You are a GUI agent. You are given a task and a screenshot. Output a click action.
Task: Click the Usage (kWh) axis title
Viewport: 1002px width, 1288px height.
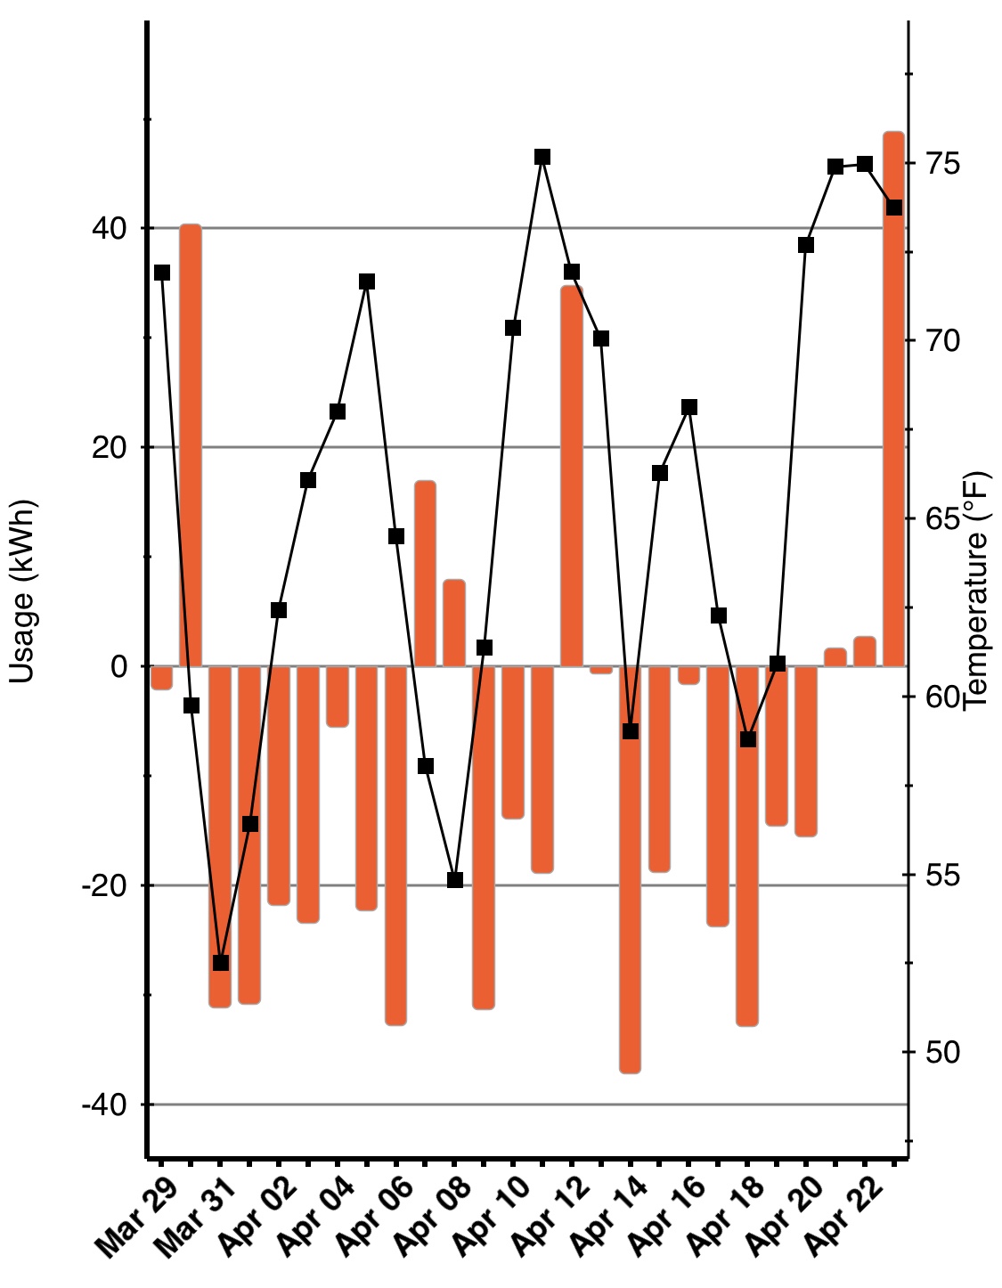click(22, 591)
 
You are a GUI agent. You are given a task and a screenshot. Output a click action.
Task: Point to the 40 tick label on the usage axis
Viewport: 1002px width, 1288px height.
click(109, 228)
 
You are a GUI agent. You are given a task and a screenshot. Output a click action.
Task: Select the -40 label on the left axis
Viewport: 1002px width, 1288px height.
click(104, 1105)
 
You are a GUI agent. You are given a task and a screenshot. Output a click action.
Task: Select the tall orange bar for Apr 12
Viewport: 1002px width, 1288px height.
click(572, 477)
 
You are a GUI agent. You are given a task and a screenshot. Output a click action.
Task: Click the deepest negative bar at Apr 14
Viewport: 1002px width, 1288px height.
click(631, 868)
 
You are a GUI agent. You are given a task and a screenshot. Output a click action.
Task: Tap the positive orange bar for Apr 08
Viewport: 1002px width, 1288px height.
click(454, 623)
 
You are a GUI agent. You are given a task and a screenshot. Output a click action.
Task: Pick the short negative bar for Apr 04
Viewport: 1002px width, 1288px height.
click(338, 696)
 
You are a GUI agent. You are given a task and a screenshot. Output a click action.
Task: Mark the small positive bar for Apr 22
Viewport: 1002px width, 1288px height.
click(865, 651)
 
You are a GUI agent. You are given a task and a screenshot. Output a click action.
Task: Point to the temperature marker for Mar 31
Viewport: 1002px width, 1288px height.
click(221, 963)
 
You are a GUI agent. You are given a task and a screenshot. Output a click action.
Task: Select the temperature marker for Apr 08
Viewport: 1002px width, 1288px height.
click(455, 880)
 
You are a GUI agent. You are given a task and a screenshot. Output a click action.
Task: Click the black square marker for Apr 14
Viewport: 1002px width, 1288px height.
click(631, 731)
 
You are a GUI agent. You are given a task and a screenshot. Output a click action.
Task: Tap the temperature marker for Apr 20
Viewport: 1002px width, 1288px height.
click(806, 245)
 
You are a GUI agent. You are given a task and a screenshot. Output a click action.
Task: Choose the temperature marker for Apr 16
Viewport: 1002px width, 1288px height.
click(689, 407)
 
